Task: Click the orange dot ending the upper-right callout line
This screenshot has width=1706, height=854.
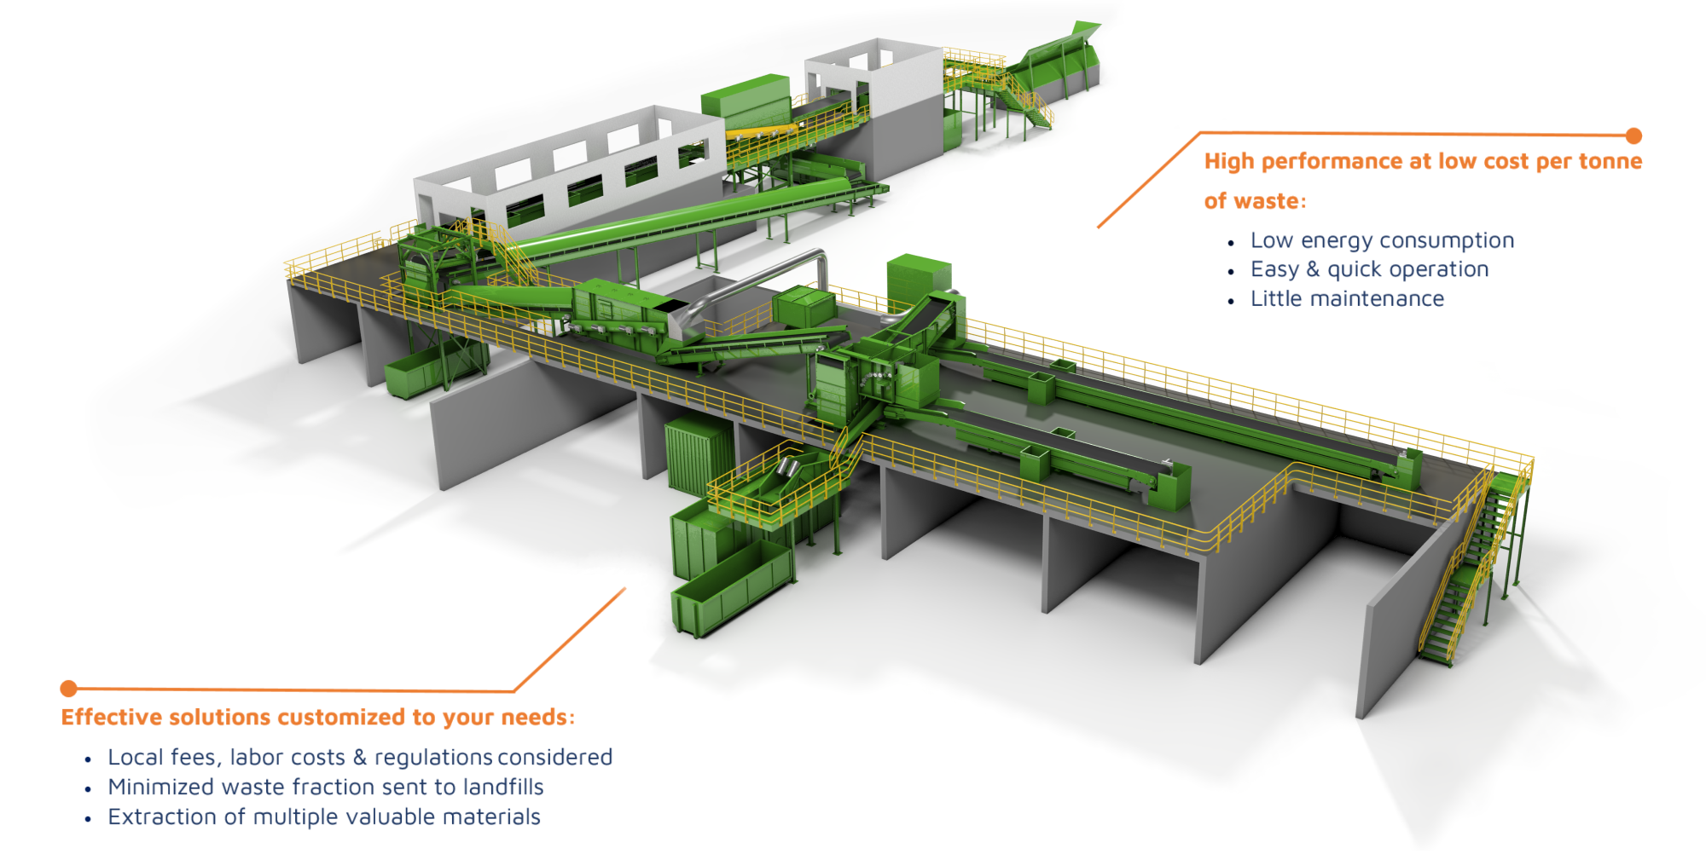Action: point(1633,136)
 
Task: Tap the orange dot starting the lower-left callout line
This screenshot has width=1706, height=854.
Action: point(69,688)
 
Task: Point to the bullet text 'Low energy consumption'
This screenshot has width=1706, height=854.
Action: point(1382,240)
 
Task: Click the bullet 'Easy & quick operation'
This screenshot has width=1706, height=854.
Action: point(1369,269)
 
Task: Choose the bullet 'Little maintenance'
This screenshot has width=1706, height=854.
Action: point(1347,298)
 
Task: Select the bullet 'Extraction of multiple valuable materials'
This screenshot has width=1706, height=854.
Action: point(324,816)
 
